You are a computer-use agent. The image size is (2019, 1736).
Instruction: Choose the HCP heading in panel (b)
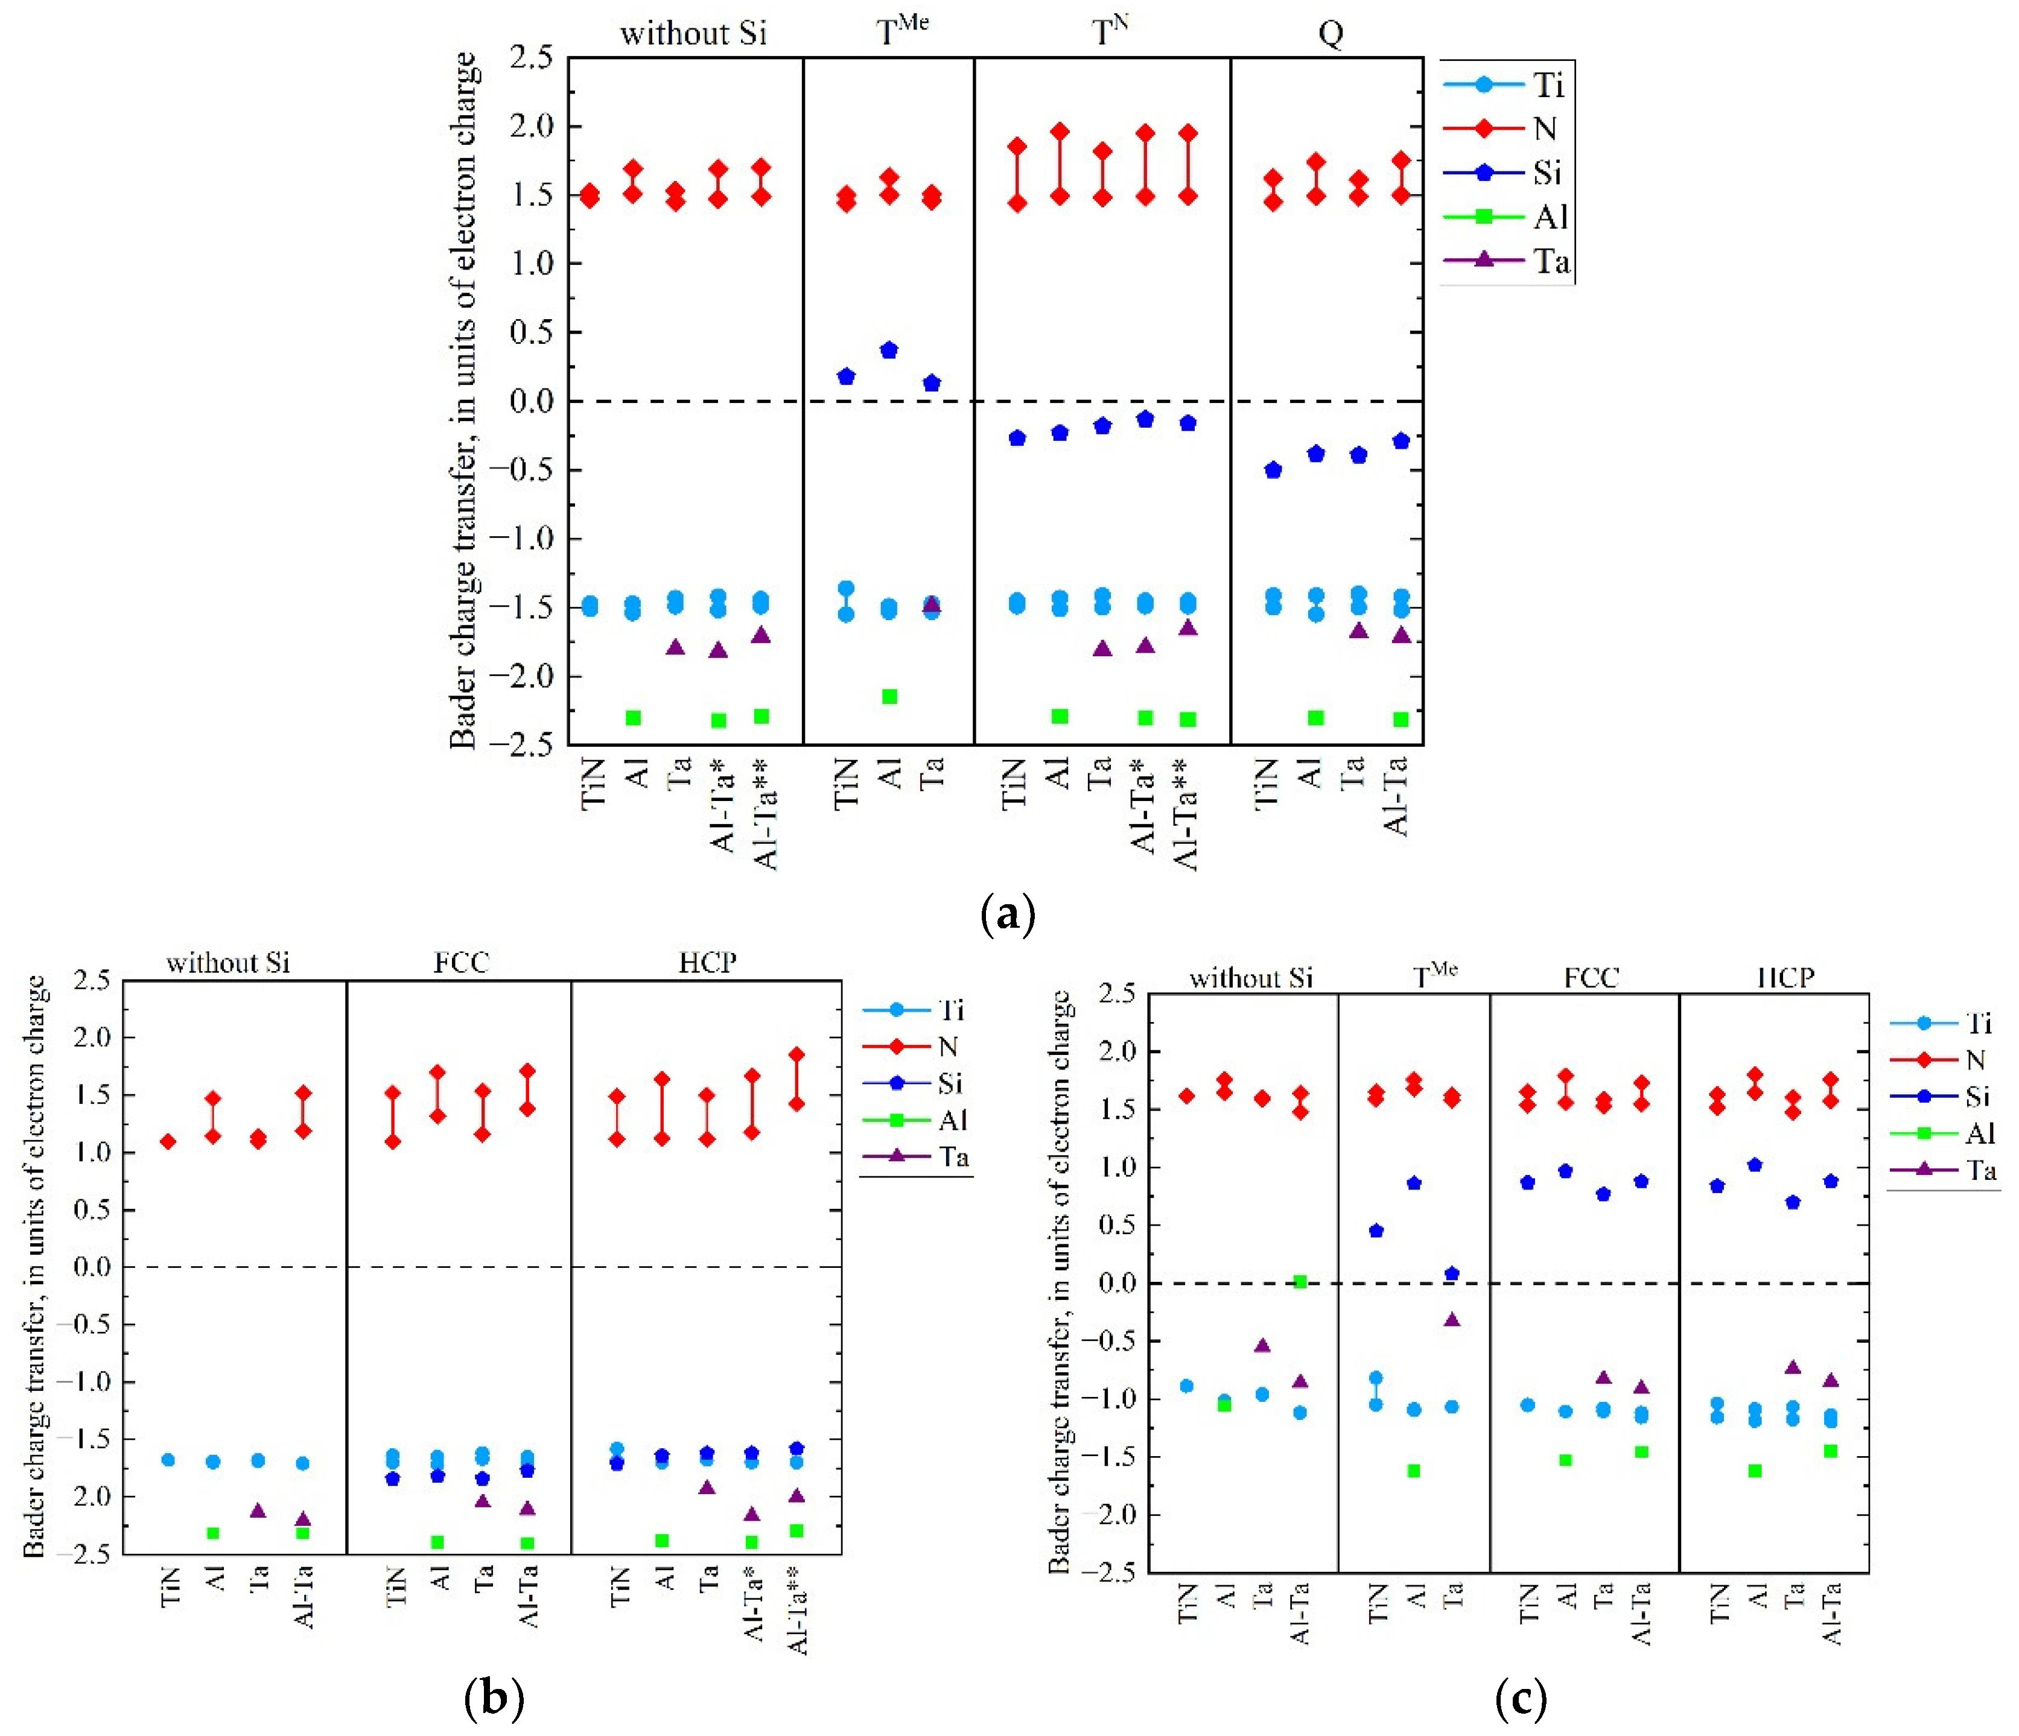pyautogui.click(x=707, y=963)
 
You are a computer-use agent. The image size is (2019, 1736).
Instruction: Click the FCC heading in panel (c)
pyautogui.click(x=1591, y=977)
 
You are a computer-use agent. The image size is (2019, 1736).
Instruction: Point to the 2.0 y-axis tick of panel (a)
pyautogui.click(x=531, y=125)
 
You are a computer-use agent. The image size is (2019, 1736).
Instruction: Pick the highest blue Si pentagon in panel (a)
pyautogui.click(x=889, y=350)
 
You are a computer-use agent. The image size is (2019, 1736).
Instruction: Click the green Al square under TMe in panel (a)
pyautogui.click(x=889, y=697)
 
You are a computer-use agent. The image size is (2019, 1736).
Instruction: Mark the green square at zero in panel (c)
pyautogui.click(x=1300, y=1282)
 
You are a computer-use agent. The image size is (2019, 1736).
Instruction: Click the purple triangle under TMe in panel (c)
pyautogui.click(x=1452, y=1320)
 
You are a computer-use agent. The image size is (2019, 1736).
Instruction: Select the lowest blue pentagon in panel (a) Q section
pyautogui.click(x=1273, y=469)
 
